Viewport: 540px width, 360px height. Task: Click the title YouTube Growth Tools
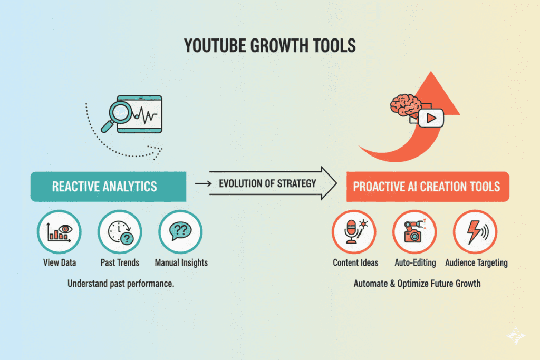click(269, 46)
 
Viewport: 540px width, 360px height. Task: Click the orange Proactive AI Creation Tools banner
click(428, 187)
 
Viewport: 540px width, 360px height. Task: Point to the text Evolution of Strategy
click(267, 183)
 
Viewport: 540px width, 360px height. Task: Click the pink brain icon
click(404, 103)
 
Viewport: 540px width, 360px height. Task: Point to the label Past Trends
click(120, 262)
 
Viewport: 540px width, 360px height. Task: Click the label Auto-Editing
click(414, 262)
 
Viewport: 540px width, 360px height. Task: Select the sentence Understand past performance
click(121, 284)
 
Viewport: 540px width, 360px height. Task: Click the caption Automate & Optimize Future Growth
click(417, 284)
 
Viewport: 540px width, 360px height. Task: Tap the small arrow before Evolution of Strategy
click(201, 183)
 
